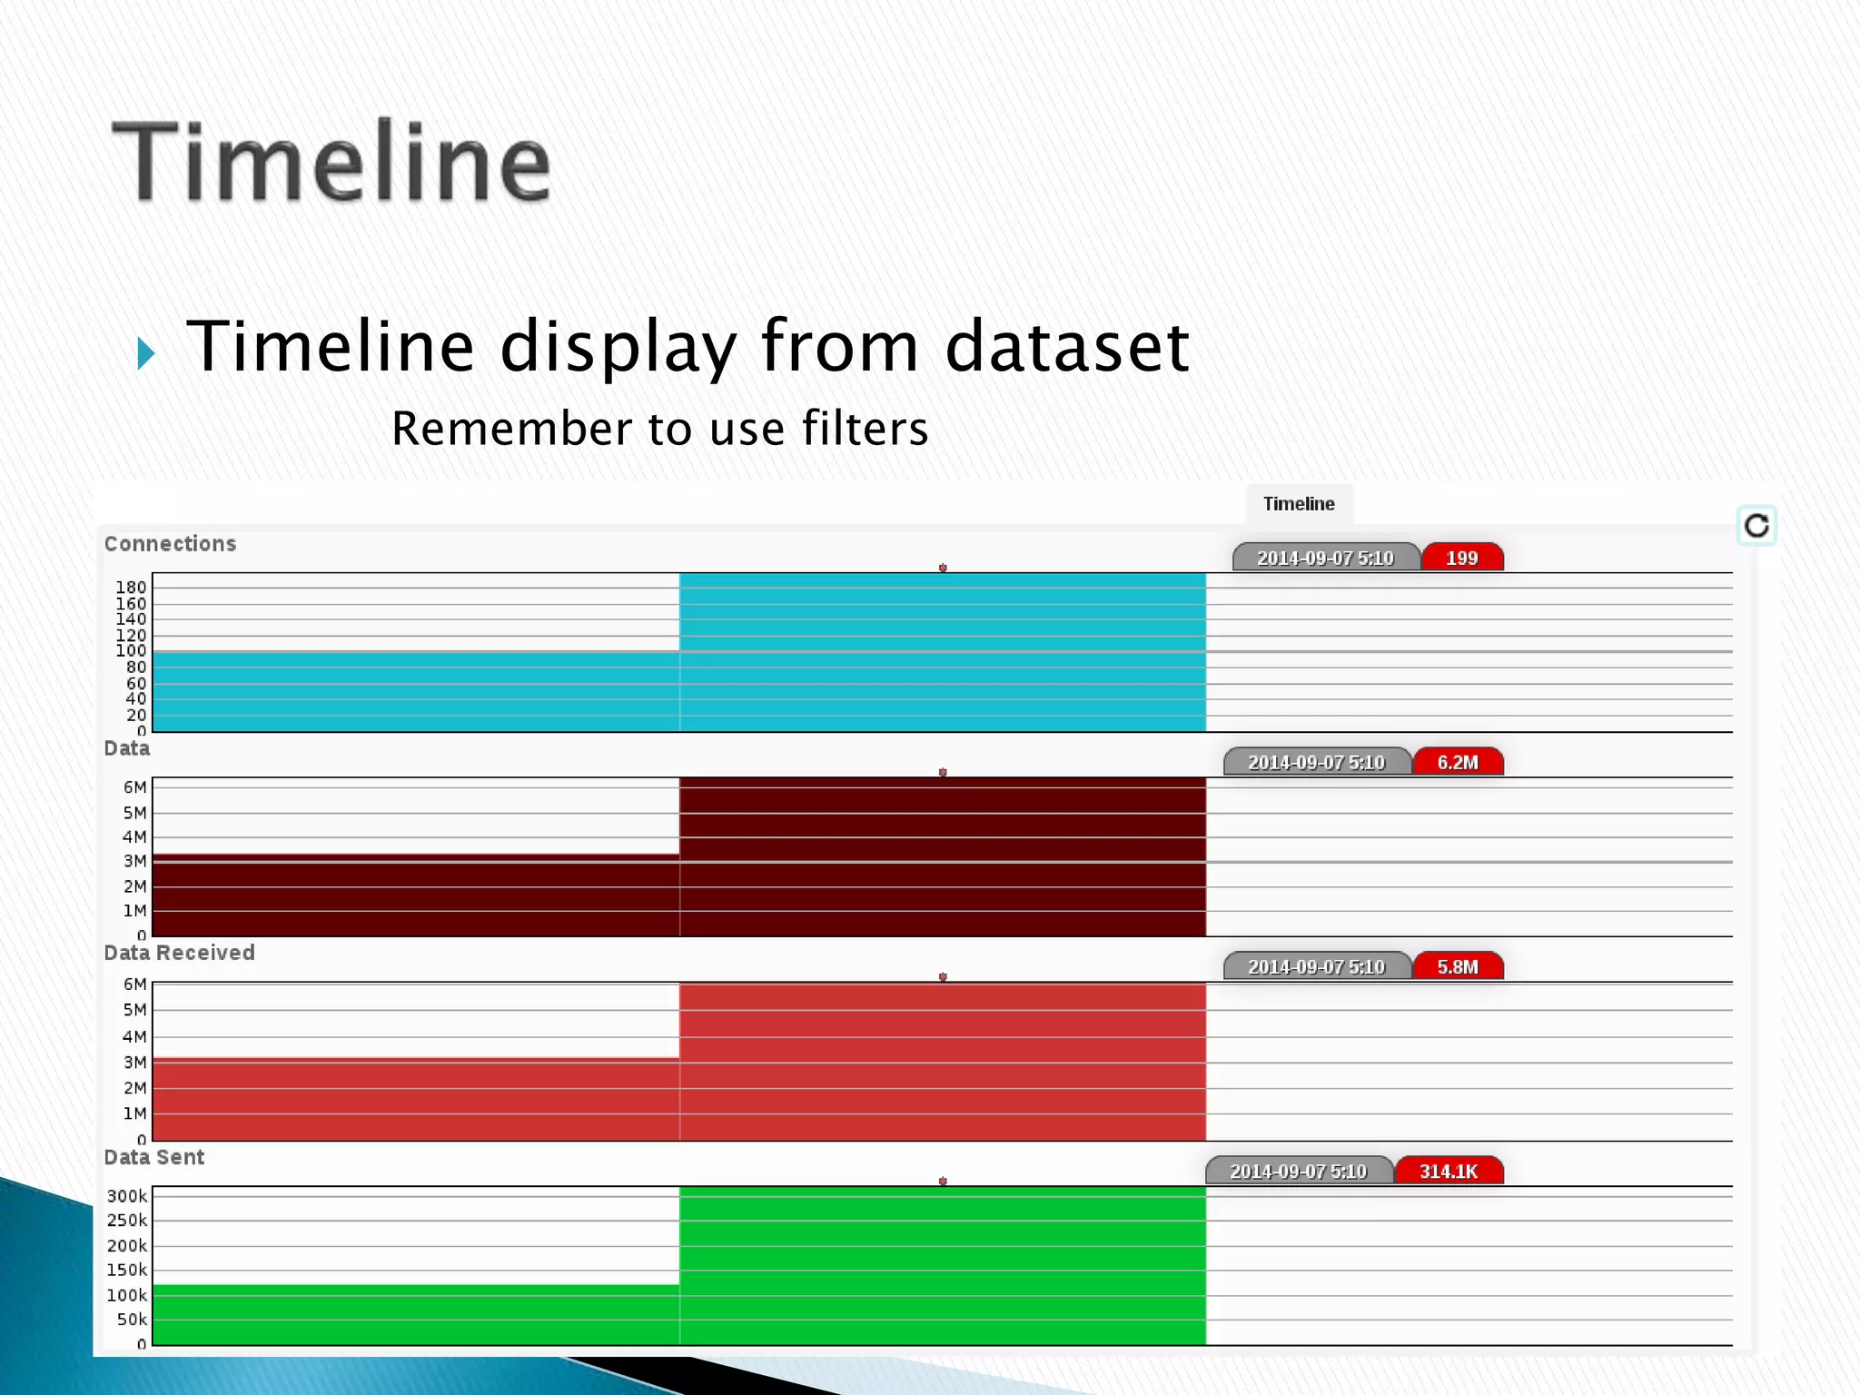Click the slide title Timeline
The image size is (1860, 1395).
click(331, 162)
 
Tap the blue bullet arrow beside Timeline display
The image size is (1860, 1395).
click(146, 352)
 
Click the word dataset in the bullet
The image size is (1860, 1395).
click(1066, 346)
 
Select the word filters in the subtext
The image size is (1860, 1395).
click(865, 429)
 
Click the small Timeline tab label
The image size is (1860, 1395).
click(1298, 504)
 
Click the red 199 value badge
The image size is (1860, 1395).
click(1461, 558)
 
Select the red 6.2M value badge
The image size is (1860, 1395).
click(1457, 762)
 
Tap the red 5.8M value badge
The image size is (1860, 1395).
click(1457, 966)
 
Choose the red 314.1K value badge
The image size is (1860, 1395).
click(1448, 1171)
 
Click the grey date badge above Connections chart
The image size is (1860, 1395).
click(1324, 558)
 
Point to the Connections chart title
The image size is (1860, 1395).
click(170, 544)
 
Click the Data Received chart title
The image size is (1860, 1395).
click(179, 953)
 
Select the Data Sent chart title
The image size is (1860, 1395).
click(153, 1157)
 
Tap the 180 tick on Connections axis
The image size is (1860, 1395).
click(131, 588)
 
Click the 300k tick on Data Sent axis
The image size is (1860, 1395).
click(126, 1196)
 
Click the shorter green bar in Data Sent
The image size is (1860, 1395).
click(415, 1314)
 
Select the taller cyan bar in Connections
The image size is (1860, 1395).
click(942, 652)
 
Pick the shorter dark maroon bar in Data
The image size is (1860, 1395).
click(415, 895)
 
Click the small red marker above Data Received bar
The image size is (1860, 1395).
click(943, 977)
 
